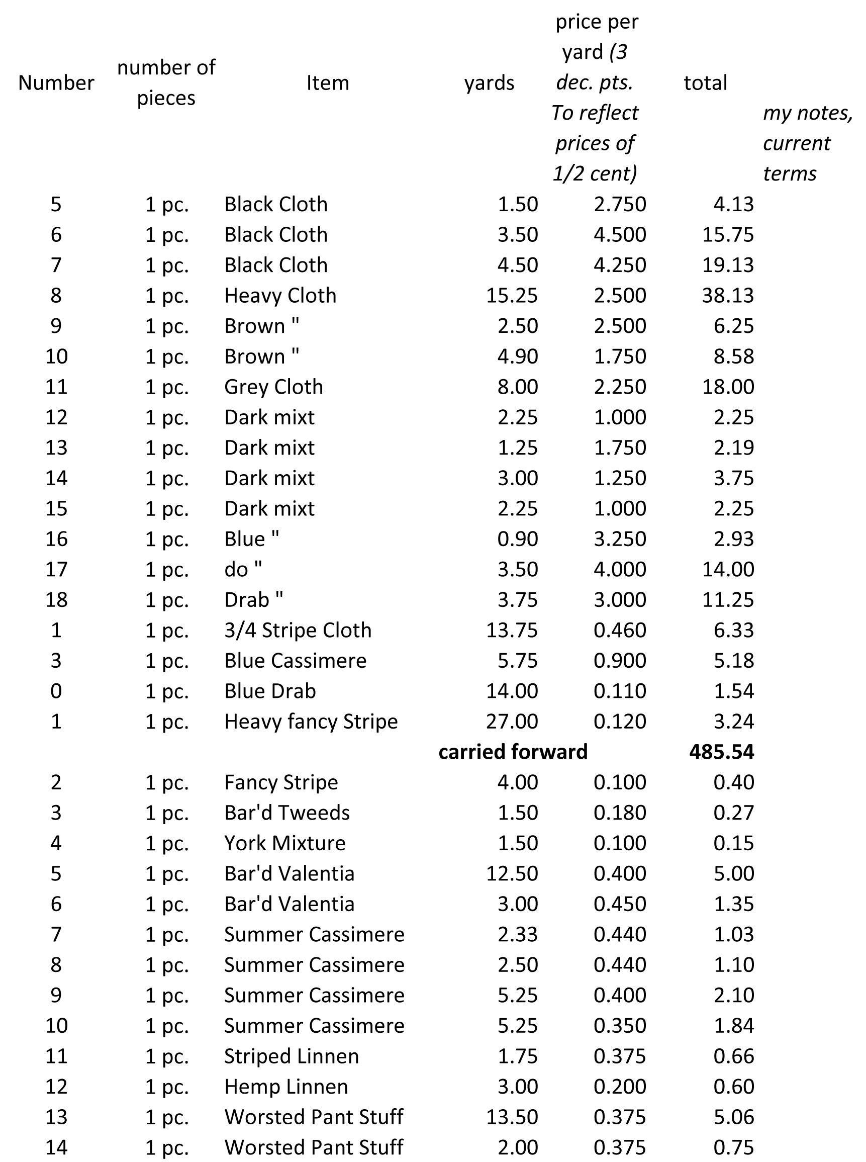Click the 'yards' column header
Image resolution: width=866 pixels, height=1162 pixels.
[x=489, y=83]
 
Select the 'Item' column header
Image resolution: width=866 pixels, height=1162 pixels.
[x=328, y=83]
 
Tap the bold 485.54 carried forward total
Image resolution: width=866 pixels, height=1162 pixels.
[x=721, y=752]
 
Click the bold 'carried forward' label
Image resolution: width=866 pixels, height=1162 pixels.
[x=513, y=752]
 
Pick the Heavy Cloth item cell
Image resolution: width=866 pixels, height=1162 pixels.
[x=280, y=296]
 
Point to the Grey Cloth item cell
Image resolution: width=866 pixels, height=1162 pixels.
[x=273, y=387]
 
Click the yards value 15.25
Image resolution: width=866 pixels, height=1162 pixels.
[x=512, y=296]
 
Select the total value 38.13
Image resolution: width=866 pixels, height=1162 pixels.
[x=728, y=296]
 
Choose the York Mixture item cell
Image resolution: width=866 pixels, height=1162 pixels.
[x=284, y=843]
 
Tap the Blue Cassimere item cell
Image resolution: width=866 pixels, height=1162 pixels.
[x=295, y=661]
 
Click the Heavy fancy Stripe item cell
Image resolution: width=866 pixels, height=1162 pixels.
[x=311, y=722]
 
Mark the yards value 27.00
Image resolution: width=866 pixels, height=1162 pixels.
[x=512, y=722]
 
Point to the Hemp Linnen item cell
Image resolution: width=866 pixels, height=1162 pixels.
[x=285, y=1087]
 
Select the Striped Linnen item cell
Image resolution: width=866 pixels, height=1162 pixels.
[x=292, y=1056]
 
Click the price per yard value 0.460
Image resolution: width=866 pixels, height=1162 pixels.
[x=620, y=631]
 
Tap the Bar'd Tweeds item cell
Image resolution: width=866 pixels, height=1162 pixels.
[x=287, y=813]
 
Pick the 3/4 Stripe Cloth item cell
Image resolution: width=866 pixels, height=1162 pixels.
[x=298, y=631]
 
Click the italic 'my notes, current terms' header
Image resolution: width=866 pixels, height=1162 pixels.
[x=807, y=143]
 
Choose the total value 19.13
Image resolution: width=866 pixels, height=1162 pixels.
[x=728, y=265]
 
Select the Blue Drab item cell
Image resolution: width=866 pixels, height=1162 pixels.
[x=270, y=691]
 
